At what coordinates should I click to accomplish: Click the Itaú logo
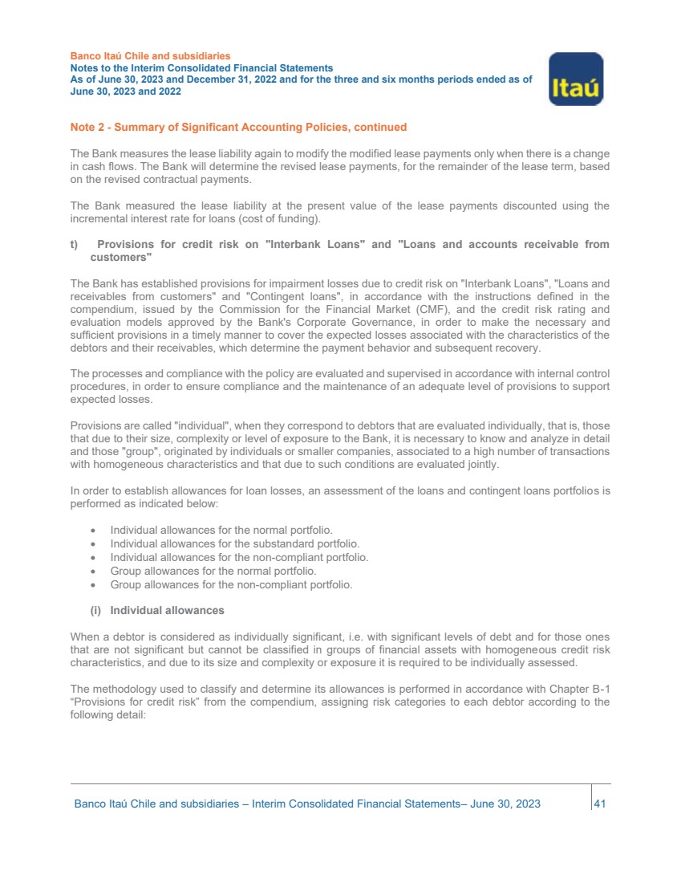tap(575, 79)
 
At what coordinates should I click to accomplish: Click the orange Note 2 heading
tap(238, 127)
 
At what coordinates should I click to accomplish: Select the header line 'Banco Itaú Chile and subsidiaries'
tap(150, 56)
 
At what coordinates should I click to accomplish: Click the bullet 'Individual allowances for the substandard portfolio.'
tap(234, 543)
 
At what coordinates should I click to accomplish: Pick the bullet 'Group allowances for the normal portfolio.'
tap(213, 571)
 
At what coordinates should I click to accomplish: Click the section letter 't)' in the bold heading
tap(75, 244)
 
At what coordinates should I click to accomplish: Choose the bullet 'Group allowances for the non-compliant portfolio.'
tap(231, 584)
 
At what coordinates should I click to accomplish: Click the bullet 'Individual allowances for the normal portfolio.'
tap(221, 530)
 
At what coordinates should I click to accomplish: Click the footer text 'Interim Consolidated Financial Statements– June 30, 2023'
tap(396, 804)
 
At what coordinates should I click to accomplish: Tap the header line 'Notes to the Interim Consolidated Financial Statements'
tap(201, 69)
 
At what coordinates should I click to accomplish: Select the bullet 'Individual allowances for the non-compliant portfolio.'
tap(239, 557)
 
